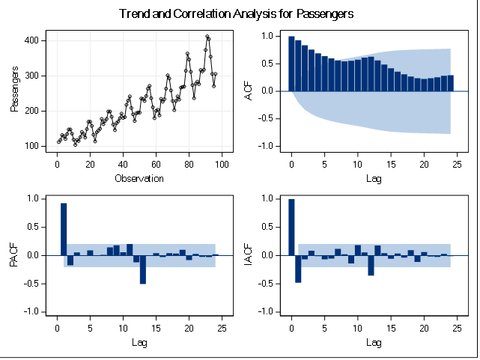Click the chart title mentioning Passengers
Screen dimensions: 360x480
pos(236,14)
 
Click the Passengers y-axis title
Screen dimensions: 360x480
pos(15,91)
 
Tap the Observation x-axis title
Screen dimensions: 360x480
pos(139,178)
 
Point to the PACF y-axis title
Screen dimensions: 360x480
pos(15,255)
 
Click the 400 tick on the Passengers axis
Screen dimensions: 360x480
pos(33,40)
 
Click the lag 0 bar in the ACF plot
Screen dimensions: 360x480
pos(291,64)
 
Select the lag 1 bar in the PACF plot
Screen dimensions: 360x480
pos(64,229)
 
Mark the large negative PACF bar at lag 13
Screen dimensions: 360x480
pos(143,269)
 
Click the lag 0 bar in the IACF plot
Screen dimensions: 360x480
pos(291,228)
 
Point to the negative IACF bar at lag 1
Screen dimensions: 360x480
pos(298,269)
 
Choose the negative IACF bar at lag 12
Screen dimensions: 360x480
pos(371,265)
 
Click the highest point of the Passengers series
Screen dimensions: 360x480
pos(207,36)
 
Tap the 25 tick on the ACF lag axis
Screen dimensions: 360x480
pos(457,164)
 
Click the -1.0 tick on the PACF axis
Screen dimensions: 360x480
pos(31,312)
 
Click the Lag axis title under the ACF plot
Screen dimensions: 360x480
pos(373,178)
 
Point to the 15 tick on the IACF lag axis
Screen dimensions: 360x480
pos(391,328)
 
